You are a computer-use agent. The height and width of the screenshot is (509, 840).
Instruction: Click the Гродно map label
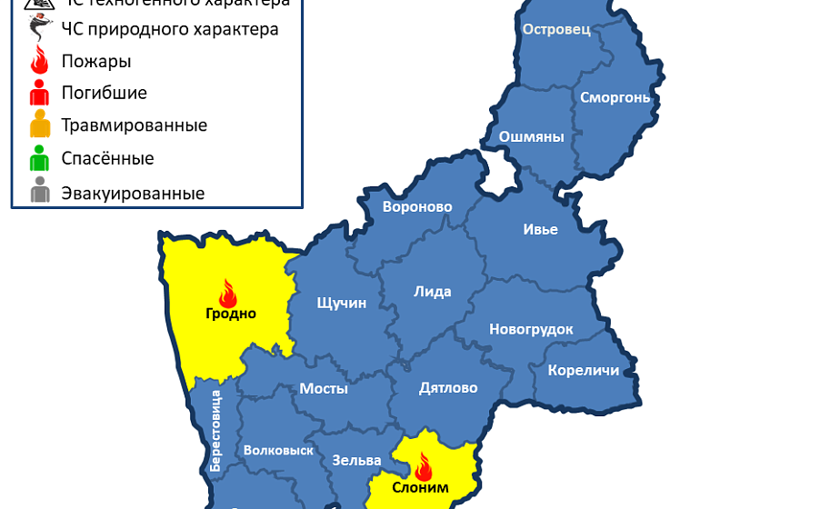coord(230,314)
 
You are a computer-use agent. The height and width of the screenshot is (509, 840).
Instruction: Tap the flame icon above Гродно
coord(227,293)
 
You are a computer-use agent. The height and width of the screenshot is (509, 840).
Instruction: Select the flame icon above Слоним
coord(423,467)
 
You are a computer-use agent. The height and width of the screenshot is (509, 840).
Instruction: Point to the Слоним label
coord(420,487)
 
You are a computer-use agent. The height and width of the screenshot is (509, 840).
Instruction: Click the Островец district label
coord(556,29)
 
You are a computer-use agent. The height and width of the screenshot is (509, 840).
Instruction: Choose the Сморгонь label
coord(615,97)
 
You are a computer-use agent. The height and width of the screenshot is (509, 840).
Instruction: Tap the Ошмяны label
coord(532,137)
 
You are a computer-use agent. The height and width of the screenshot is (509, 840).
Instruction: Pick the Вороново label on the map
coord(417,207)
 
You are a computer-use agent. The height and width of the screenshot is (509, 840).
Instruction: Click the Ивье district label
coord(540,229)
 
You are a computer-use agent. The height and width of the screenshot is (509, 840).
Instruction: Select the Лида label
coord(432,292)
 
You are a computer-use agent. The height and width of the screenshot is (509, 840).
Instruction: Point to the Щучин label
coord(341,303)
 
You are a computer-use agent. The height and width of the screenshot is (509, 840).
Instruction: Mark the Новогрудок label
coord(531,329)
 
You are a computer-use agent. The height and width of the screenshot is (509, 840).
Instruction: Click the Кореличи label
coord(584,370)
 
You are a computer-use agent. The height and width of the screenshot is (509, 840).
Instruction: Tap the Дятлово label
coord(448,388)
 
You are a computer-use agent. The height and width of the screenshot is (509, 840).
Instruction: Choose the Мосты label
coord(324,388)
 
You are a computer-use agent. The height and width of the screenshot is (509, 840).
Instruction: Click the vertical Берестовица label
coord(216,429)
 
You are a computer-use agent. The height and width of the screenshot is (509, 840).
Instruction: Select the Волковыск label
coord(278,450)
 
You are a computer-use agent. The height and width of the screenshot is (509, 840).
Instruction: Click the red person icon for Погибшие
coord(39,93)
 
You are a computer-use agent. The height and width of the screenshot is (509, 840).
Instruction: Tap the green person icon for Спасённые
coord(39,159)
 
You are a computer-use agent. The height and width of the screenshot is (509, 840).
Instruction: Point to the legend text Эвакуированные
coord(133,194)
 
